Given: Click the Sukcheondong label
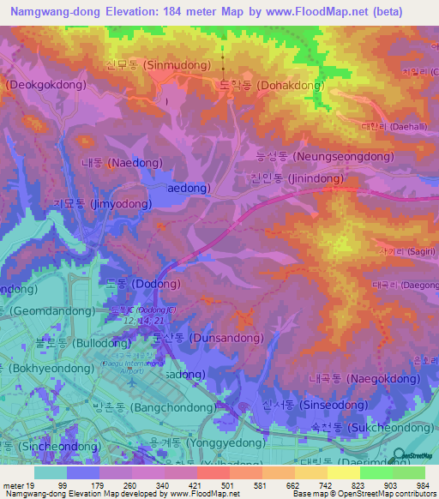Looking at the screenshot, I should click(x=371, y=426).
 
